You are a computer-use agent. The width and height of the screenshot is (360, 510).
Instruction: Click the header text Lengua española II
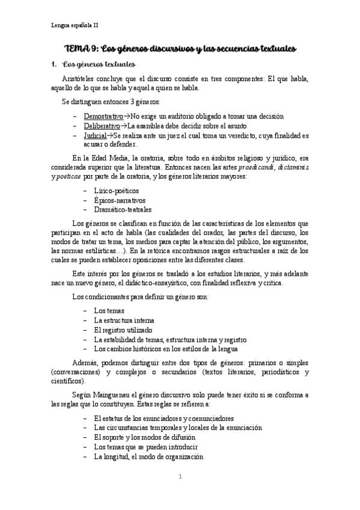(74, 25)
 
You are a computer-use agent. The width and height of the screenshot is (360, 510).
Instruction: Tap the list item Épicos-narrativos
(120, 200)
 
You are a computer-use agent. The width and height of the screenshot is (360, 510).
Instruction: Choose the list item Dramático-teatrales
(123, 210)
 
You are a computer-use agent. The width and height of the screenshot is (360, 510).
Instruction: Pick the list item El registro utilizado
(123, 330)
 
